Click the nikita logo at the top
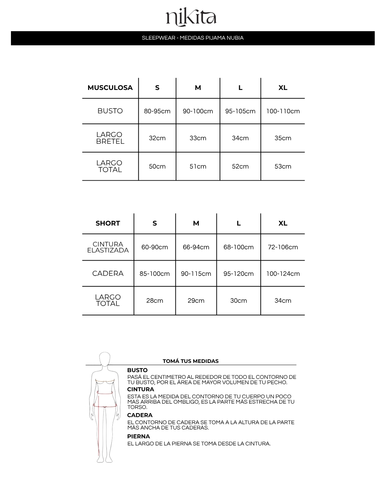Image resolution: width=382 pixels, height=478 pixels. [191, 18]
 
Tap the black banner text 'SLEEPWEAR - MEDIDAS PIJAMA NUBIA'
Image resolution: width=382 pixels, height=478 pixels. [193, 38]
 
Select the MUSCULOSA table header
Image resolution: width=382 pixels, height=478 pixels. [110, 88]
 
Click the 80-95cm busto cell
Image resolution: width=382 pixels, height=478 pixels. [157, 111]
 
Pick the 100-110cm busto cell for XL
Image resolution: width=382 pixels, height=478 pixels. [283, 111]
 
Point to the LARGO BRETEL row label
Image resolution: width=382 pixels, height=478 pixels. [110, 138]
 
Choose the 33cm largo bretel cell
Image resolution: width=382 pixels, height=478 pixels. [198, 138]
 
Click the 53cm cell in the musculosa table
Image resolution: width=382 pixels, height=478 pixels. [283, 166]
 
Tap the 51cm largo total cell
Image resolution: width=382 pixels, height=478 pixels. [198, 166]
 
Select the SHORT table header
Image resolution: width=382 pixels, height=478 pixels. [108, 223]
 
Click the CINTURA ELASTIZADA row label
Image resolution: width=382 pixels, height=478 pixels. [108, 247]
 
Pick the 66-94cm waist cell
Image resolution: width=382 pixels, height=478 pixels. [196, 247]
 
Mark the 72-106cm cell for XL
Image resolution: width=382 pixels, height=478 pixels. [283, 247]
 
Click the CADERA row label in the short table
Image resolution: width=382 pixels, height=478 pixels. [108, 273]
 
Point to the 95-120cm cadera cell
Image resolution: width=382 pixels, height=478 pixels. [238, 274]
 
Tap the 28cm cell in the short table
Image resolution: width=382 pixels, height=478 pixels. [155, 301]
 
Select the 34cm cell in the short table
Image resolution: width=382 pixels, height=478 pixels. [283, 301]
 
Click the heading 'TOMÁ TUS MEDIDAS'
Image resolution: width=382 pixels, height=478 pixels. [191, 361]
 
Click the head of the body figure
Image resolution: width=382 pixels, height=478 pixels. [105, 359]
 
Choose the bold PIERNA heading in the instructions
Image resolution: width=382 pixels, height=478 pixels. [139, 437]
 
